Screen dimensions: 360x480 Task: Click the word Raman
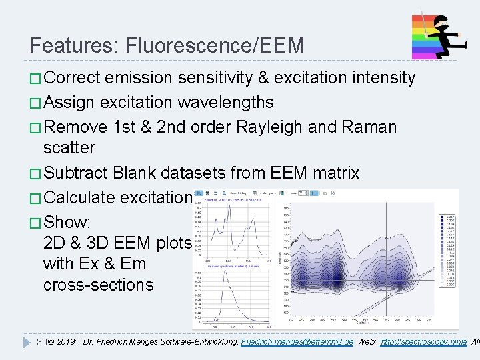tap(371, 127)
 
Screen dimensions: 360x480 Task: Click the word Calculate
tap(83, 198)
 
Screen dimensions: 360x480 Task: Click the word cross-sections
tap(98, 285)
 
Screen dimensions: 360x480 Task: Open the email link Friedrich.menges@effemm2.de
tap(297, 341)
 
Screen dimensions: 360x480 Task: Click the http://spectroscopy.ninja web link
tap(423, 341)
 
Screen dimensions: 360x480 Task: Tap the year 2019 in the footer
tap(67, 341)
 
